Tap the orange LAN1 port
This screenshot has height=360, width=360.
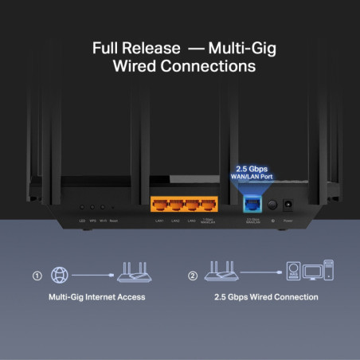point(159,203)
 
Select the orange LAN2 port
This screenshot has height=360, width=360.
point(175,203)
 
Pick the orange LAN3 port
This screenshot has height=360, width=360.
point(192,203)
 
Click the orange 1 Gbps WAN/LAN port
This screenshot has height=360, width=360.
point(209,203)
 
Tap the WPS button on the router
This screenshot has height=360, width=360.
point(93,209)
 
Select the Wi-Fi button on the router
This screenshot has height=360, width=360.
point(104,209)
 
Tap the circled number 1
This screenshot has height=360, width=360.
point(37,276)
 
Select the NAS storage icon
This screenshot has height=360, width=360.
point(294,273)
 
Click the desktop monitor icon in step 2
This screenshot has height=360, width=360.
point(314,274)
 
